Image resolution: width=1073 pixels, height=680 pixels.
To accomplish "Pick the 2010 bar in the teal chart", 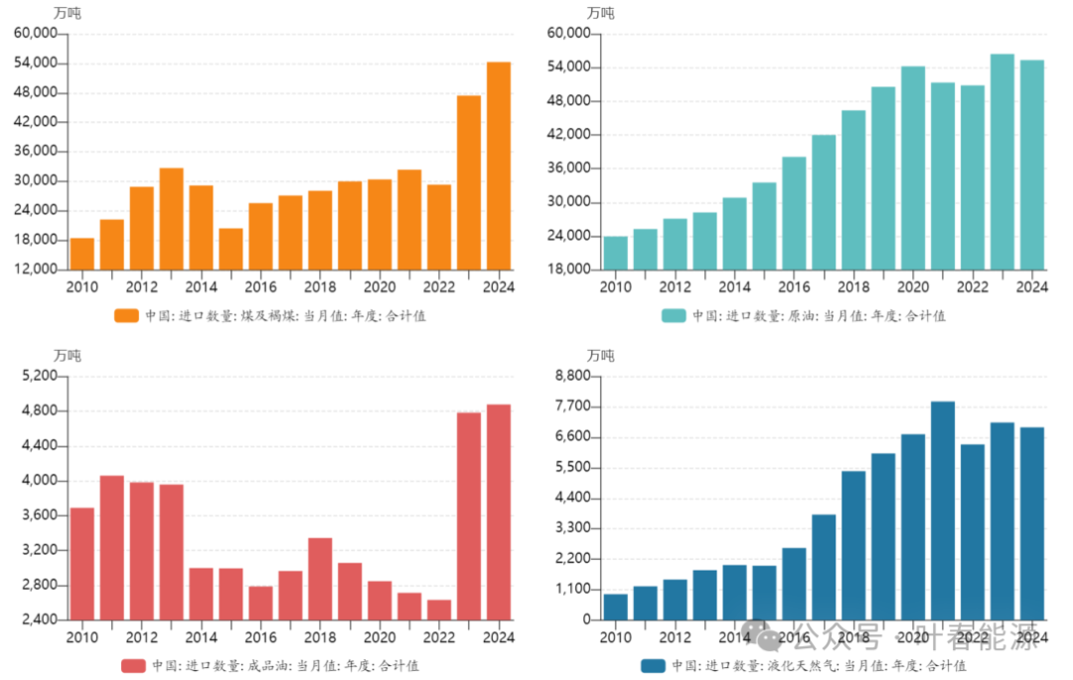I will [616, 253].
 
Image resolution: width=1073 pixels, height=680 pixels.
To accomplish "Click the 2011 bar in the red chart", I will [112, 548].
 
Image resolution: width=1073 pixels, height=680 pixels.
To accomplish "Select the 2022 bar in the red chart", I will [439, 609].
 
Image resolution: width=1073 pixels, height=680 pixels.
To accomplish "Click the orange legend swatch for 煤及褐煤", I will [126, 316].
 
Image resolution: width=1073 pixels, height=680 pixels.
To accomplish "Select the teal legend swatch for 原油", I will [674, 316].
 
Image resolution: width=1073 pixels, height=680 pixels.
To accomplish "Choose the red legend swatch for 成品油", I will [133, 665].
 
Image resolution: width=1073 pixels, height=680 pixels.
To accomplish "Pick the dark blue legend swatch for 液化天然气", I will [653, 665].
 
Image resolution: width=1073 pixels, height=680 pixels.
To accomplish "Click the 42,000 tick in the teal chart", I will [570, 135].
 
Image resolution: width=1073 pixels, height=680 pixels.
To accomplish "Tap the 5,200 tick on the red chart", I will [39, 377].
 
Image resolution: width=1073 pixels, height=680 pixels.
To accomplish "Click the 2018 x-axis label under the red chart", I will [320, 637].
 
